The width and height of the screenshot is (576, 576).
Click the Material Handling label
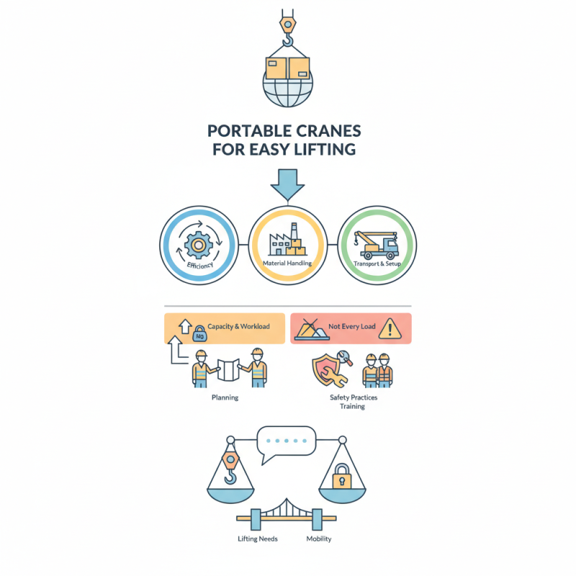(288, 264)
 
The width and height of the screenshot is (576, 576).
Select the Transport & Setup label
(377, 264)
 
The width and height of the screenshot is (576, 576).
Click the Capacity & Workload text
(238, 326)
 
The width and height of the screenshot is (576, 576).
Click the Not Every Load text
(352, 327)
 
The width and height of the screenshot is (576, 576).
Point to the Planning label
(225, 397)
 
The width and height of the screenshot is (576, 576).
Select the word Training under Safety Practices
(353, 407)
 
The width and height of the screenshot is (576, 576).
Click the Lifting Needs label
(258, 539)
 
